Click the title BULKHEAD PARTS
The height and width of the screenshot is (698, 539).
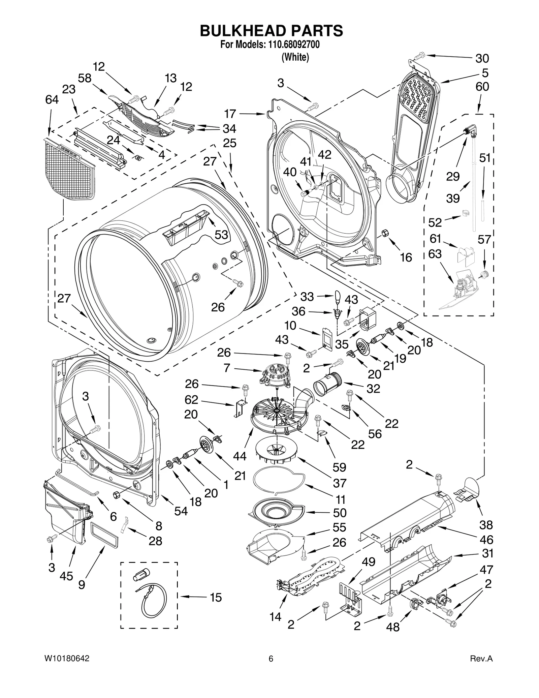pos(271,31)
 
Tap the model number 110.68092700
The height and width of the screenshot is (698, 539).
pos(294,44)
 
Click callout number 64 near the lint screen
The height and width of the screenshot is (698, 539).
pos(52,100)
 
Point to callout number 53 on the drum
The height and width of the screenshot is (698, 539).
pos(221,235)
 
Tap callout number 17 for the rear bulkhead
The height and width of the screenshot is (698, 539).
pos(230,114)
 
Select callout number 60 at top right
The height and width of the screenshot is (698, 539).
pos(482,87)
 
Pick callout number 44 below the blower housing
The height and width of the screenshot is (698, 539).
pos(240,456)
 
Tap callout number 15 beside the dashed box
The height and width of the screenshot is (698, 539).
pos(216,598)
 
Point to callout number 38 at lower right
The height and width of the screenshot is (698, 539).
pos(486,525)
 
